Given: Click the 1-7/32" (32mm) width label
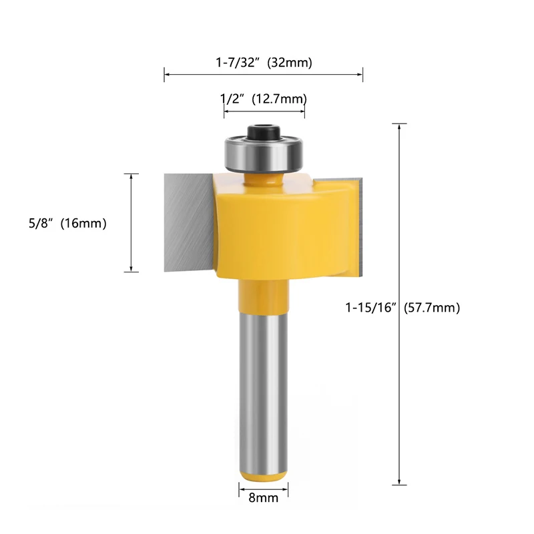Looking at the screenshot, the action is (264, 63).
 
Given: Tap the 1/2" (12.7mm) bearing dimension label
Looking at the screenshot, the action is (264, 99).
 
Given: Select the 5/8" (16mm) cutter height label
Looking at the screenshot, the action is (67, 224).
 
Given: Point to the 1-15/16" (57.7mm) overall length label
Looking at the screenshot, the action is (403, 308).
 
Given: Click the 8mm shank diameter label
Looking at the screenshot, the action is (263, 498).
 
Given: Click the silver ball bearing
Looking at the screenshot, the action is (264, 154).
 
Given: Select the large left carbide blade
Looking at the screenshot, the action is (189, 222).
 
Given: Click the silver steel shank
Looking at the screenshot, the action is (263, 391).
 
